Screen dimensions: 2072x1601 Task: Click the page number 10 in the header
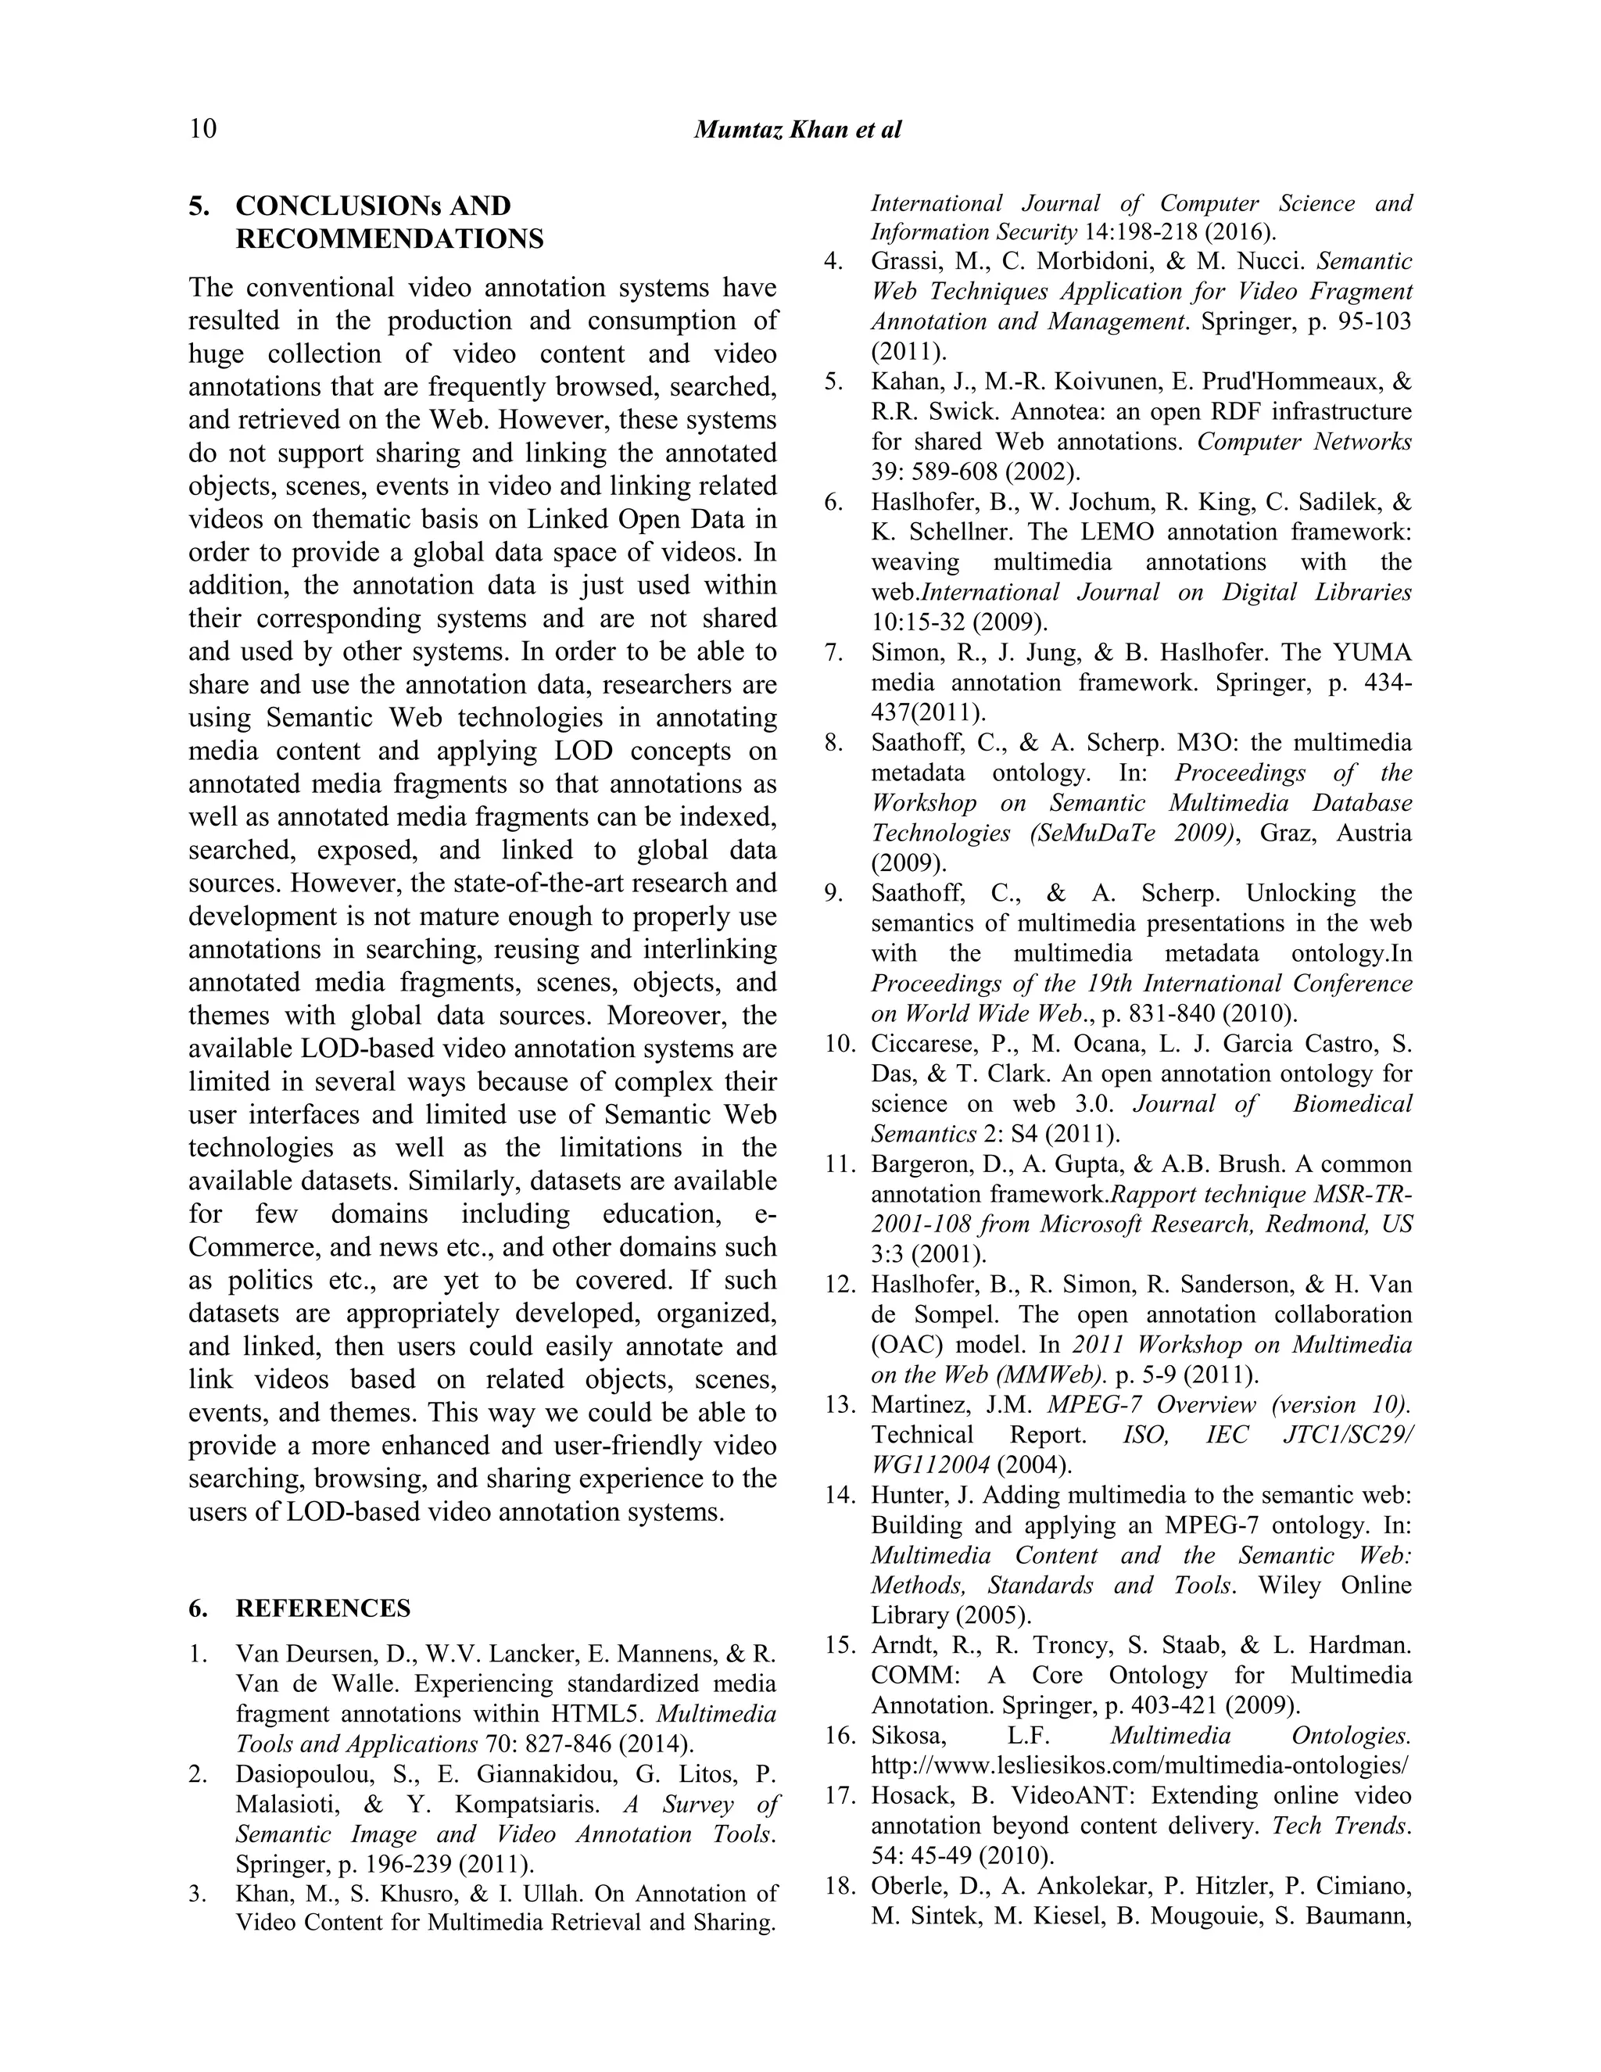tap(203, 129)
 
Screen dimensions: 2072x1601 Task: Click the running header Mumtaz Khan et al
tap(797, 129)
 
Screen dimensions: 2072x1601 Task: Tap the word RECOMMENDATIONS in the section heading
tap(390, 238)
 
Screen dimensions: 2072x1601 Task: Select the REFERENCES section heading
tap(323, 1608)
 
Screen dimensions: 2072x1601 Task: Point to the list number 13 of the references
tap(840, 1405)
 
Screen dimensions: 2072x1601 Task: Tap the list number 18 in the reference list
tap(840, 1886)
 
